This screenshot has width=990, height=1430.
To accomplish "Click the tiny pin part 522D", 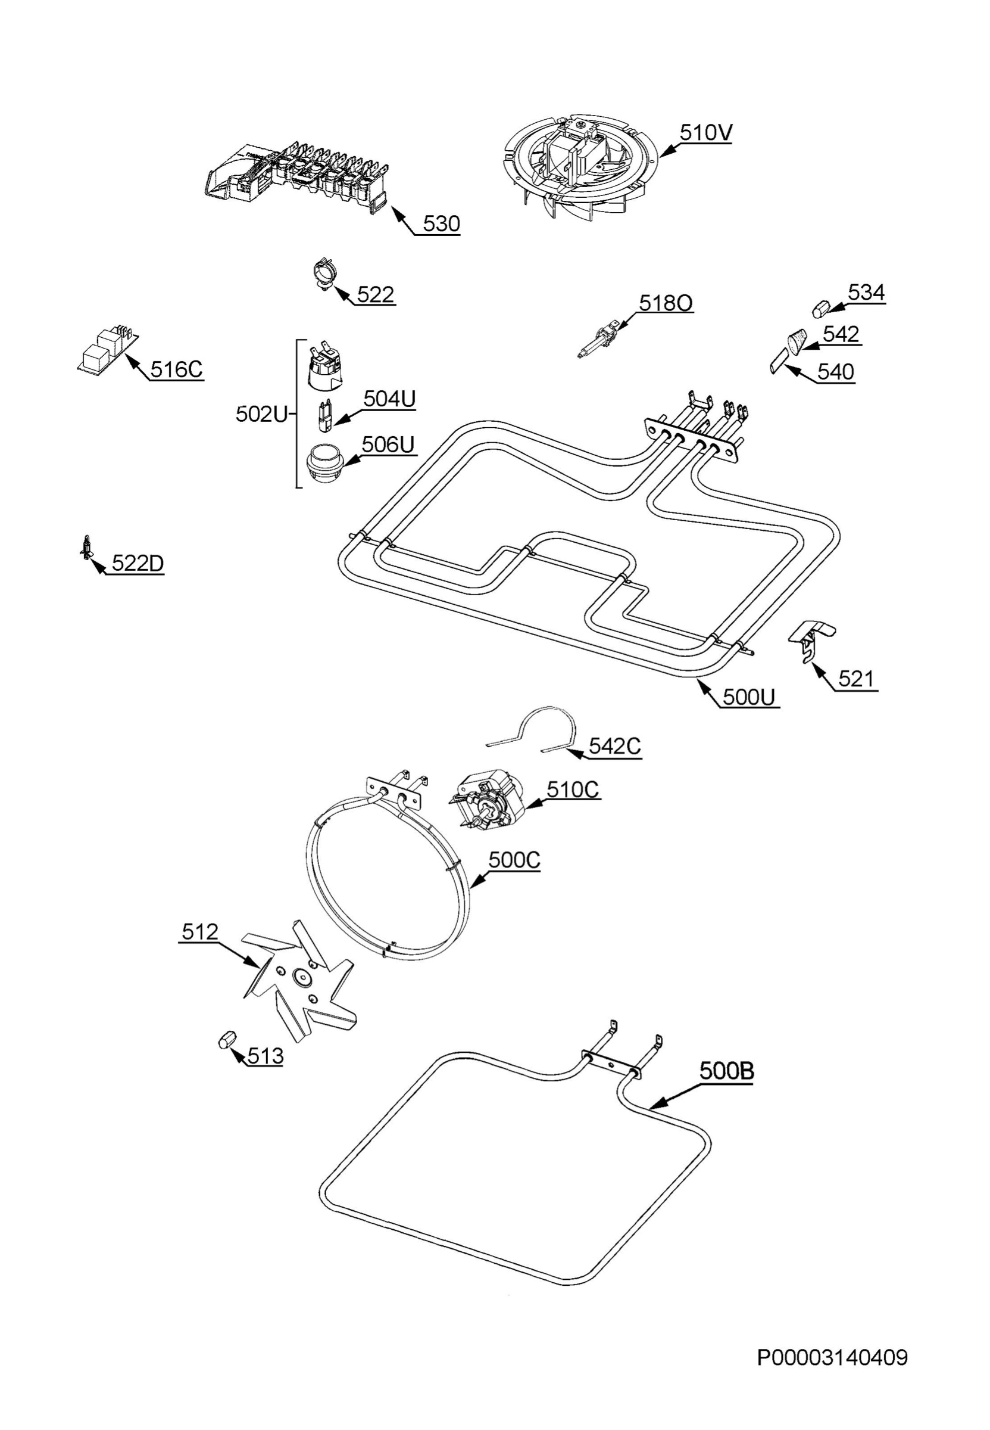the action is point(86,546).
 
